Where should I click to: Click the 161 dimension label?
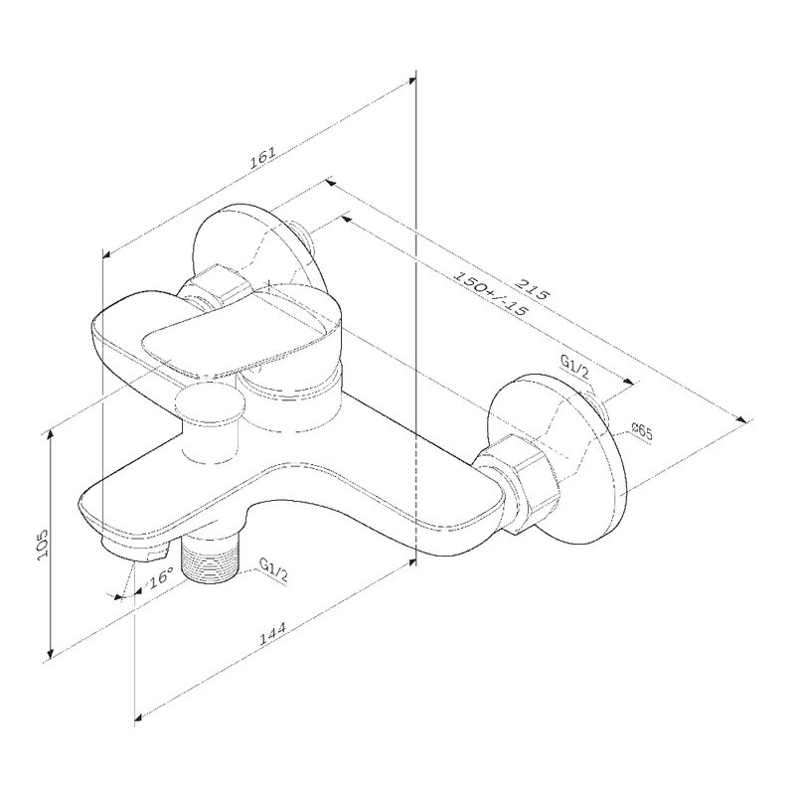click(x=262, y=158)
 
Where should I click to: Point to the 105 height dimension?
click(x=43, y=545)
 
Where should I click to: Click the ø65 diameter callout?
click(x=641, y=433)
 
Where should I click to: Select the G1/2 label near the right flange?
click(x=574, y=367)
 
